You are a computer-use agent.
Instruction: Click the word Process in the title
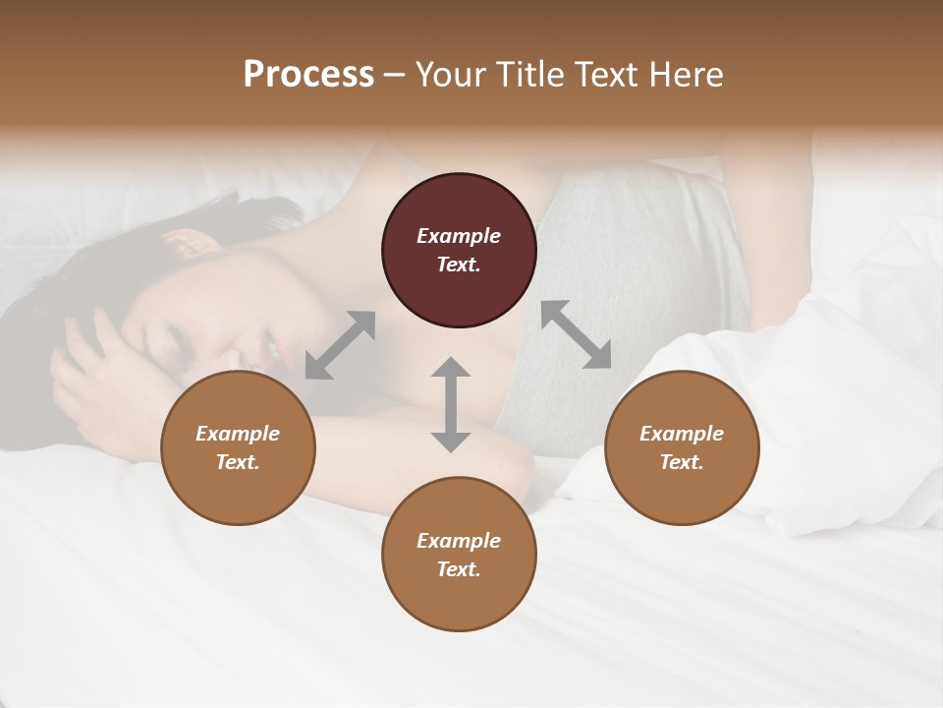(308, 75)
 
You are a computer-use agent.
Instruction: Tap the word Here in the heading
(684, 75)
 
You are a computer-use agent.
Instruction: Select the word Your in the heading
(447, 75)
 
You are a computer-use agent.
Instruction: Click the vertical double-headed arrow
(451, 404)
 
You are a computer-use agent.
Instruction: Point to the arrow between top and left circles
(340, 345)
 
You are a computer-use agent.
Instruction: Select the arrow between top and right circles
(576, 334)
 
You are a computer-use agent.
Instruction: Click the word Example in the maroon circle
(459, 236)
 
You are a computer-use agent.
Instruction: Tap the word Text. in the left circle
(238, 462)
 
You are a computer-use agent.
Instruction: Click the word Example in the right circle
(682, 434)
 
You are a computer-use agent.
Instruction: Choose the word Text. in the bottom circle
(459, 569)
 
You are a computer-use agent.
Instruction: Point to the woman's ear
(185, 242)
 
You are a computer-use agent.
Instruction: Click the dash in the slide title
(394, 76)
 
